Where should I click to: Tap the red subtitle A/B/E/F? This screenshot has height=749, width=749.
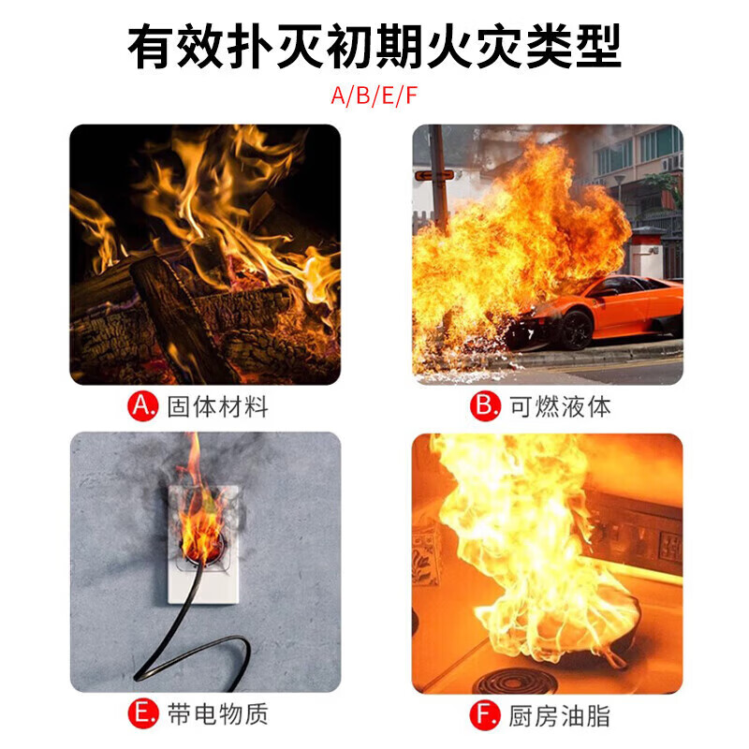click(x=374, y=95)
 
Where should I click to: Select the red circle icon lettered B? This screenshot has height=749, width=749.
click(x=484, y=407)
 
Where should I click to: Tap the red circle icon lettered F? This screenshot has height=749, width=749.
click(x=484, y=714)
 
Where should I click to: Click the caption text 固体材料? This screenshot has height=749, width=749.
click(x=217, y=407)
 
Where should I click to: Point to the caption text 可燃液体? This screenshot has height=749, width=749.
click(x=559, y=407)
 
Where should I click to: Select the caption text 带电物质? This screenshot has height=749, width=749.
click(x=217, y=714)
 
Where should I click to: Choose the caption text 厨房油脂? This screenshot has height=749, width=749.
click(x=559, y=715)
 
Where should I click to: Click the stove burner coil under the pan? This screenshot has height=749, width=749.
click(x=520, y=679)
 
